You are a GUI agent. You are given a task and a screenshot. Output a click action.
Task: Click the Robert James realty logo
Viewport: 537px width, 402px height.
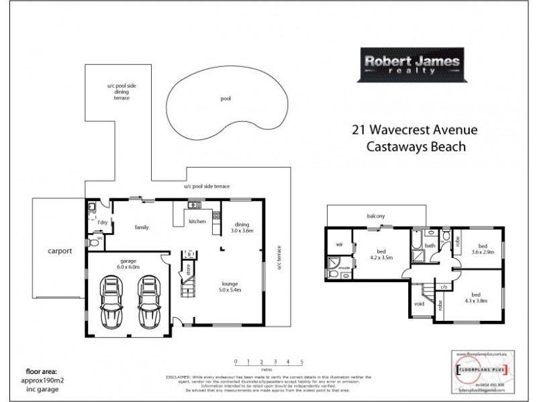pyautogui.click(x=411, y=64)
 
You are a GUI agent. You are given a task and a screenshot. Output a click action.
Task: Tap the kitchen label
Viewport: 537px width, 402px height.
pyautogui.click(x=197, y=221)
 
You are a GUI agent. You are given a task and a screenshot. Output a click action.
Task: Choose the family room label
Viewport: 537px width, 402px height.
pyautogui.click(x=141, y=227)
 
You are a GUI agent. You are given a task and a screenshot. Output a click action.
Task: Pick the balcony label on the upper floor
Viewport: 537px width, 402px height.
pyautogui.click(x=375, y=216)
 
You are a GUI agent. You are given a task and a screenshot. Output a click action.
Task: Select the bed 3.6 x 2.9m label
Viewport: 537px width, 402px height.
pyautogui.click(x=483, y=249)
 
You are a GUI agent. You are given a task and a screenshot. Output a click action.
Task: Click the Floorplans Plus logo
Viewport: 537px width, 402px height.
pyautogui.click(x=479, y=369)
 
